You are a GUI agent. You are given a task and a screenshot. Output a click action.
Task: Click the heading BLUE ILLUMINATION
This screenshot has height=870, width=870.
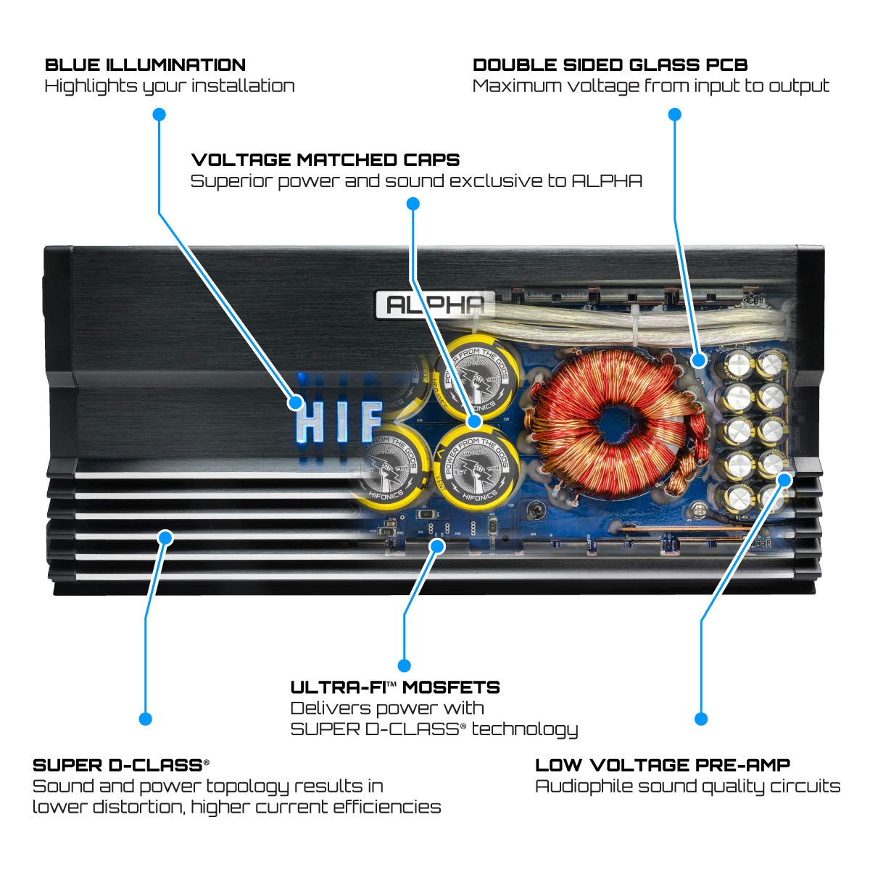coord(145,65)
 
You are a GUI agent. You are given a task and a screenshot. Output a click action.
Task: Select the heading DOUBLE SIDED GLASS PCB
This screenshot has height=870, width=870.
coord(610,65)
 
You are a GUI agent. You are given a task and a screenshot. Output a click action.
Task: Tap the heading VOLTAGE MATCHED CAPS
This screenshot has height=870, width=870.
coord(325,159)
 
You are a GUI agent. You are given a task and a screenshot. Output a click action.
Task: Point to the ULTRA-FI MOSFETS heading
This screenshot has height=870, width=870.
coord(395,687)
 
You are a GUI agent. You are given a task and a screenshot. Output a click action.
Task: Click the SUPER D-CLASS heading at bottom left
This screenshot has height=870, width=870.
coord(120,765)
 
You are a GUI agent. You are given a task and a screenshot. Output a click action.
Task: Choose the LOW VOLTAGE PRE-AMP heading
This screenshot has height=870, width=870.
coord(662,765)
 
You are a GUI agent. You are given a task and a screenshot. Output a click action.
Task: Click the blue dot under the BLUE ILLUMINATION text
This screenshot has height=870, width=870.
coord(159,115)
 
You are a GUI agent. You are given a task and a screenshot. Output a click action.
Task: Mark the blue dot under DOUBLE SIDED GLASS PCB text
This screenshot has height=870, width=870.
coord(674,115)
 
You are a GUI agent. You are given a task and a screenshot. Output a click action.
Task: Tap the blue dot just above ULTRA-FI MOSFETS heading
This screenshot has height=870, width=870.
coord(405,665)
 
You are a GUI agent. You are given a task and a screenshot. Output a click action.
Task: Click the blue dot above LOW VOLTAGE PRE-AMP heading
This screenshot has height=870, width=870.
coord(700,718)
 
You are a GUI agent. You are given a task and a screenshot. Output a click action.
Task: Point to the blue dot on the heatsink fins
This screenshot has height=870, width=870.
coord(165,537)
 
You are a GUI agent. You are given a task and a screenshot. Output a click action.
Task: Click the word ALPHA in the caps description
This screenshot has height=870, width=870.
coord(607,181)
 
